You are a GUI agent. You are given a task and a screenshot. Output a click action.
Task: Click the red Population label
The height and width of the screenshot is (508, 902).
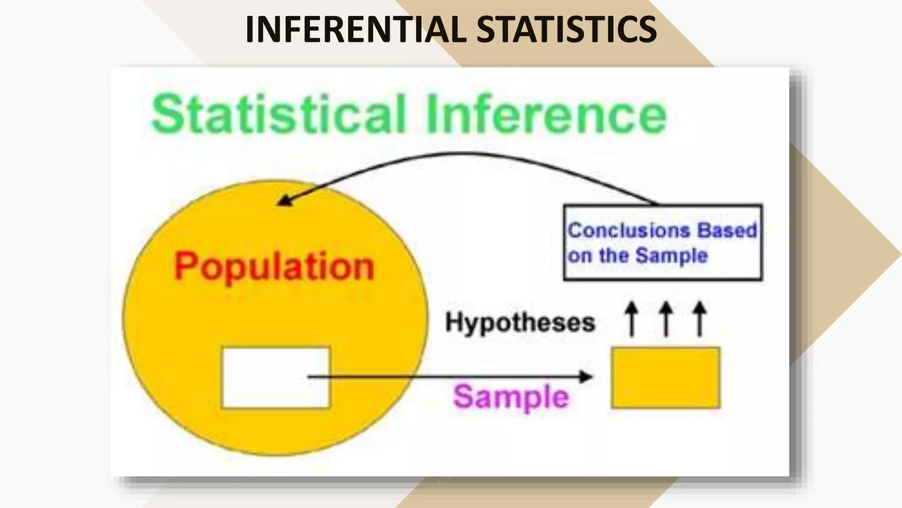tap(274, 266)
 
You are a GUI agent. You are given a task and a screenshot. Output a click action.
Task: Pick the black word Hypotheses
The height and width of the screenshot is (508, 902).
tap(520, 322)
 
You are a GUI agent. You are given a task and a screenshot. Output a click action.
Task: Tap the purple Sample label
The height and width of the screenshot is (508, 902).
tap(511, 396)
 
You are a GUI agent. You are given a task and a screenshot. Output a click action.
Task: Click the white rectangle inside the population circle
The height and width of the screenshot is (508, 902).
tap(276, 377)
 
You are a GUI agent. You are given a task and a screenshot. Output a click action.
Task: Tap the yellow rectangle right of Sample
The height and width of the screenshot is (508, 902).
tap(665, 377)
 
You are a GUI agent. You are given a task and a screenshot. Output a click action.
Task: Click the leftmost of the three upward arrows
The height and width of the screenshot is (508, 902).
tap(632, 318)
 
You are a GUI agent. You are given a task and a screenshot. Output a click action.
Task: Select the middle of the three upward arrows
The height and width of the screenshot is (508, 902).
tap(666, 318)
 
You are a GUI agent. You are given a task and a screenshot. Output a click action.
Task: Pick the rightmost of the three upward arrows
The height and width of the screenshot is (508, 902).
tap(700, 318)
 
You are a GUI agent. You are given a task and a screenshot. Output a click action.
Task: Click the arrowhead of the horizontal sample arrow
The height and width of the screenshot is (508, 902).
tap(586, 377)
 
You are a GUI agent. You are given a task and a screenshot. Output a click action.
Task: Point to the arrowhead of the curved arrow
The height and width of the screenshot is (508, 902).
tap(284, 201)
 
